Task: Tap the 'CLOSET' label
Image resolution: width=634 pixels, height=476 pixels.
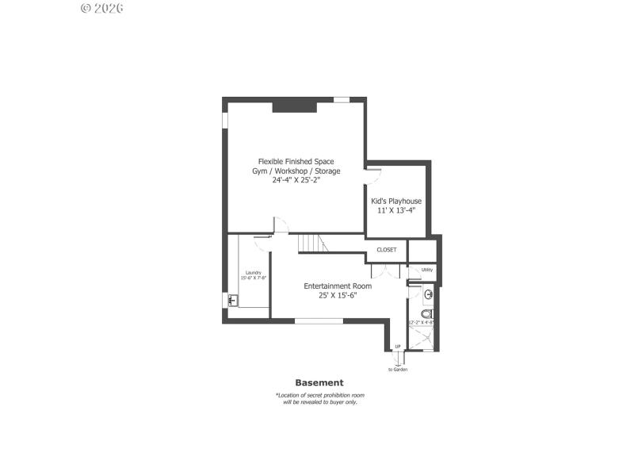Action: [x=387, y=250]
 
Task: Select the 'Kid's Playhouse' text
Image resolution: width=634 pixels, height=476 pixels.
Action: [x=396, y=202]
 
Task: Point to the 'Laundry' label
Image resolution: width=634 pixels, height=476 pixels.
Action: [x=253, y=272]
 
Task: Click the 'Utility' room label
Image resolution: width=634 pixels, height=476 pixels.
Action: [x=426, y=271]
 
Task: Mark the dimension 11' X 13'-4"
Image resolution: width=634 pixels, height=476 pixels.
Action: [x=396, y=212]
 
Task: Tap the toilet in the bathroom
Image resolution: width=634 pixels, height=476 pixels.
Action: [x=427, y=314]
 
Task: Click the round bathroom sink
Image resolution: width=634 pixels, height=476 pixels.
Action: [x=429, y=296]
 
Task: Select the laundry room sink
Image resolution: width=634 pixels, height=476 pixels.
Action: [x=233, y=301]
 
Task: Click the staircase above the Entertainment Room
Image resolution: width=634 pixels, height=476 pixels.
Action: [x=314, y=244]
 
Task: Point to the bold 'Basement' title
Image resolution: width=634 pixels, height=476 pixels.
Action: [x=319, y=382]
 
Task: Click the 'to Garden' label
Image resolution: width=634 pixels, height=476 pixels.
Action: [x=398, y=370]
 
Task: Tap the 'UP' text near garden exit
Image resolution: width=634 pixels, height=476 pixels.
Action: [x=398, y=347]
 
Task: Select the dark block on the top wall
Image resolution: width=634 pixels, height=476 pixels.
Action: [x=295, y=106]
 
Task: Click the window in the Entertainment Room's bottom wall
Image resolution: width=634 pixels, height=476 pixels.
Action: [x=319, y=321]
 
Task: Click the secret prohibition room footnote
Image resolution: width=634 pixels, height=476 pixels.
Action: [x=319, y=398]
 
